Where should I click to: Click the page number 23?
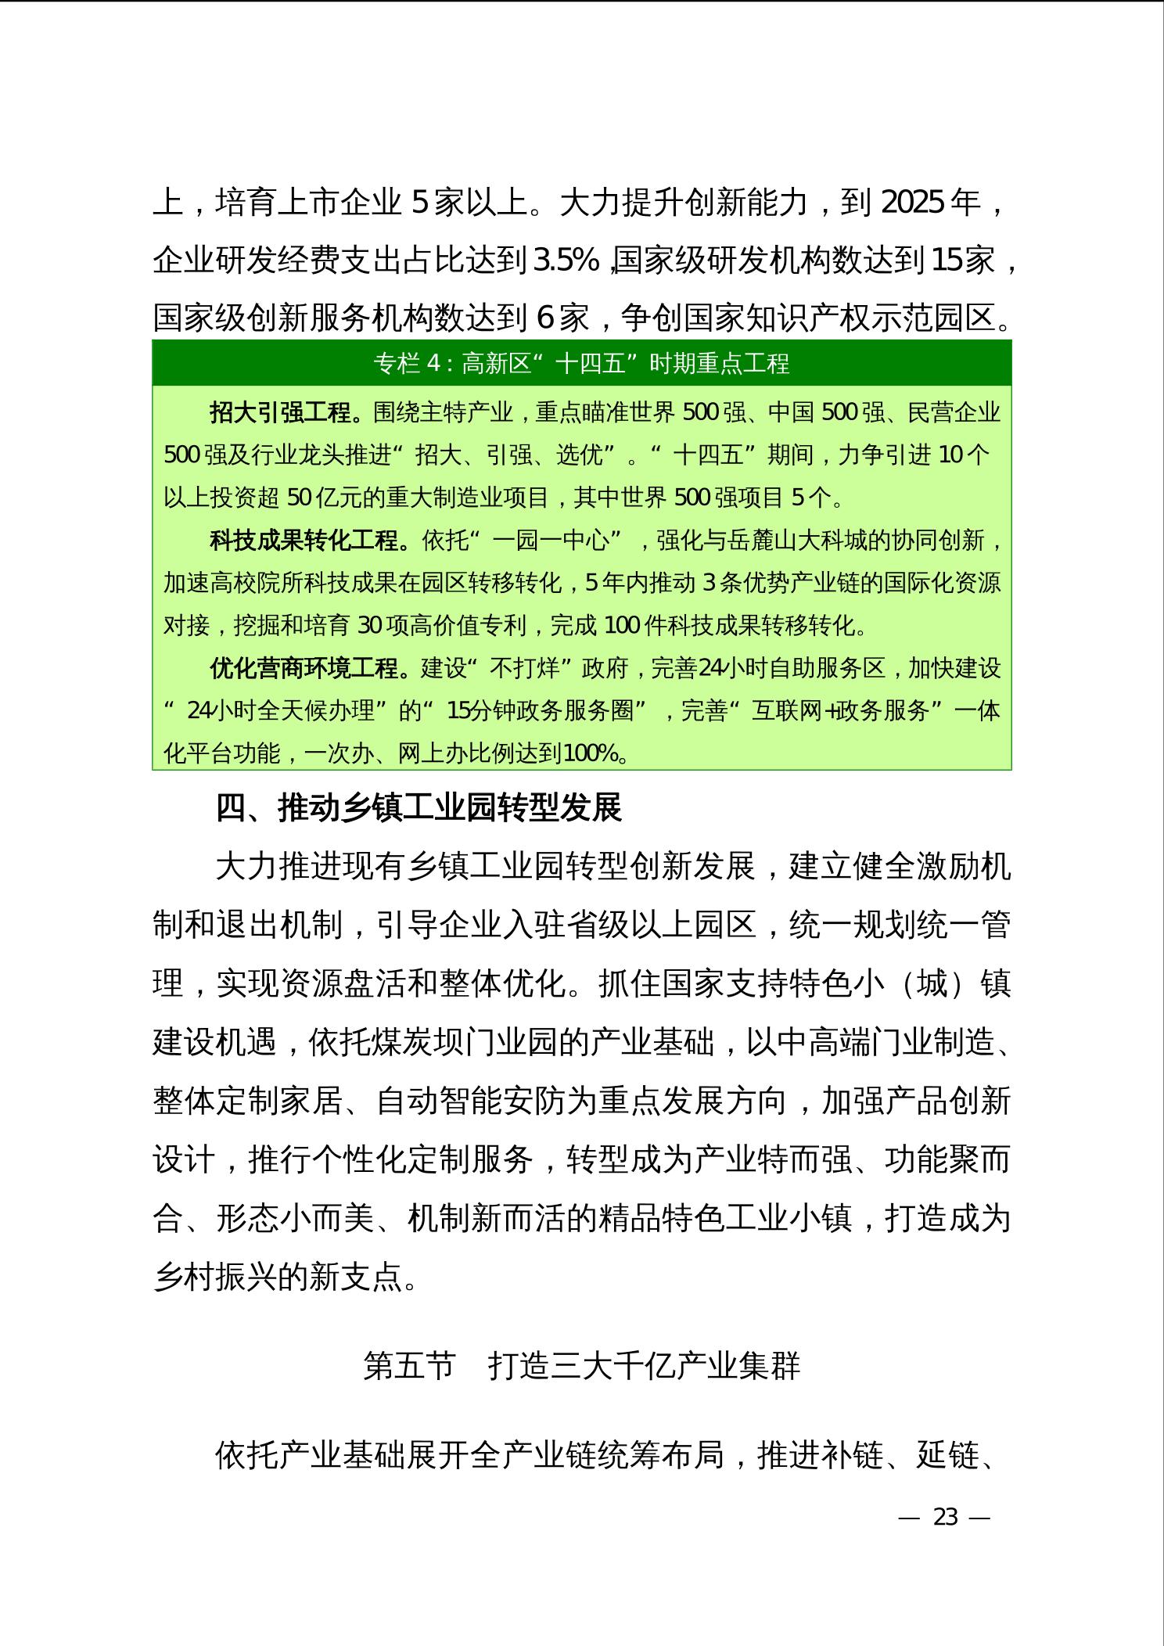pyautogui.click(x=945, y=1517)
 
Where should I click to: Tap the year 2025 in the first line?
pyautogui.click(x=912, y=203)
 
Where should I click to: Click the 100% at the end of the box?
pyautogui.click(x=591, y=753)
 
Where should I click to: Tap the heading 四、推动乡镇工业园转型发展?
pyautogui.click(x=419, y=808)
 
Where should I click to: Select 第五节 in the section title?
pyautogui.click(x=409, y=1366)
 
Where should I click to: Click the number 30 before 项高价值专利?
pyautogui.click(x=370, y=625)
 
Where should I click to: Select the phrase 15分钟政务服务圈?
pyautogui.click(x=540, y=710)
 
